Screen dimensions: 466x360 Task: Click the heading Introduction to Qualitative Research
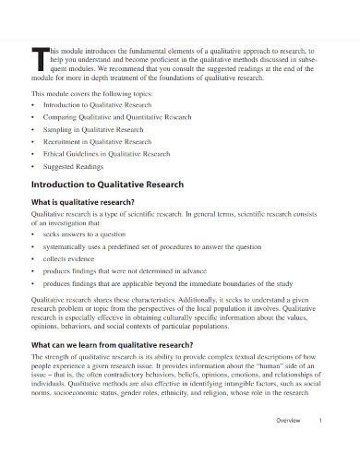[x=107, y=185]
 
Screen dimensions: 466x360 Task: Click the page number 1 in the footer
[x=319, y=447]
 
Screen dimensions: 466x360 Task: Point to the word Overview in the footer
[x=290, y=447]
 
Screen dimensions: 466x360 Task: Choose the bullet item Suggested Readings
[x=73, y=168]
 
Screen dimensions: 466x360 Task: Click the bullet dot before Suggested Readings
[x=32, y=168]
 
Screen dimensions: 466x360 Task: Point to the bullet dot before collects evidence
[x=32, y=258]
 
